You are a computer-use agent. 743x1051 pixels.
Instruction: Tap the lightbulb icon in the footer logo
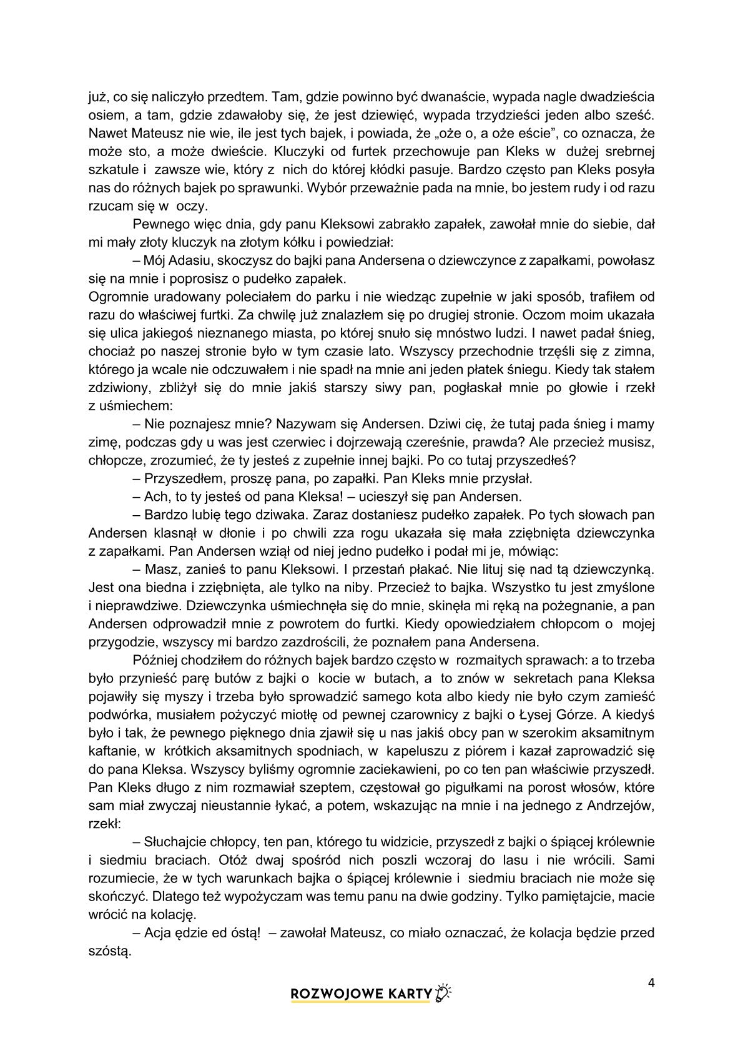tap(445, 994)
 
